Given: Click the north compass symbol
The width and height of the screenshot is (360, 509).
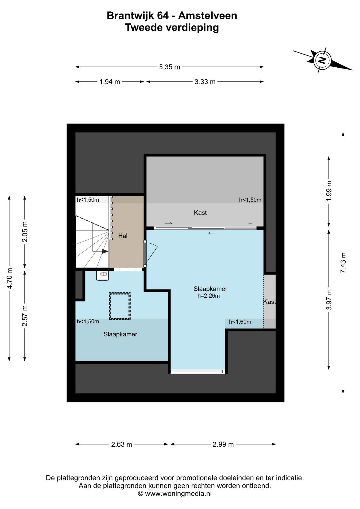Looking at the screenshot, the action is point(322,60).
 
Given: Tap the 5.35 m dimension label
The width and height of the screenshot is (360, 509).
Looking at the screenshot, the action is point(170,67).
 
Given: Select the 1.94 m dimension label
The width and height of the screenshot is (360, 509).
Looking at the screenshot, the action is point(110,82).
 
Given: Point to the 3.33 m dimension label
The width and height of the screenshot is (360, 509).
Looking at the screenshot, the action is point(205,82).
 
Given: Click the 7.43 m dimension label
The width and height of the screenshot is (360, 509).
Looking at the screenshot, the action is point(343,263).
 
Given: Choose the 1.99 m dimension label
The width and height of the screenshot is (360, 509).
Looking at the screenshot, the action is point(329,191).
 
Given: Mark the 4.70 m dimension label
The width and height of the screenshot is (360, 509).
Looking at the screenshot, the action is point(10,278).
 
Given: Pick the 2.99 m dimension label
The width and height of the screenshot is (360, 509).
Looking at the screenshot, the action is point(223,445).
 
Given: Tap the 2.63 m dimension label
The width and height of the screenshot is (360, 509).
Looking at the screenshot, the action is point(121,445).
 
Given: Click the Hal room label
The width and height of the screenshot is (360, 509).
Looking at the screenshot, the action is point(123,236).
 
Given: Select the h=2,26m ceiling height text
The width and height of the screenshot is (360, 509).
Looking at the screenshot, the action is point(209,296).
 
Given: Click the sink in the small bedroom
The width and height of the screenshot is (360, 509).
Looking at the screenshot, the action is point(103,275).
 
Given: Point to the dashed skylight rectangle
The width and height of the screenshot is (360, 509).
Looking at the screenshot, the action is point(120,306).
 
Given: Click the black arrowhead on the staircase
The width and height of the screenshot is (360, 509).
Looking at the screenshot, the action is point(105,251).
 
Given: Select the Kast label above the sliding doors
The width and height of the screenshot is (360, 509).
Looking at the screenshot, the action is point(200,213).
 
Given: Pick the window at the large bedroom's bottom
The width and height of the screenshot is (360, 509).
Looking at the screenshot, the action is point(198,372).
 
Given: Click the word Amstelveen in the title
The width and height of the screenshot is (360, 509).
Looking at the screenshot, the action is point(208,16).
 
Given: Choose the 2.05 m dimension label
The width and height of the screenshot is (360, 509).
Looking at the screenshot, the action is point(25,232).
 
